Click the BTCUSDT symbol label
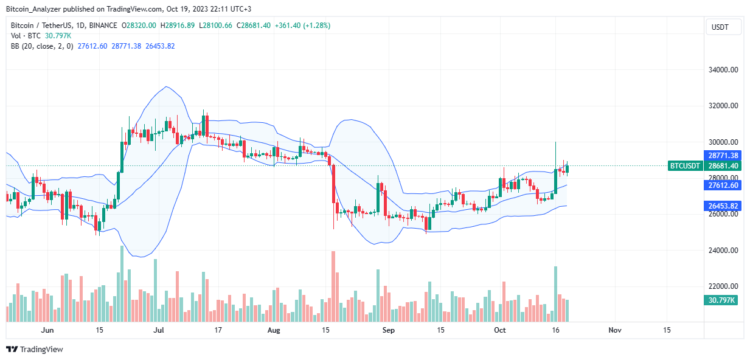click(x=685, y=165)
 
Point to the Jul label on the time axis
click(x=159, y=330)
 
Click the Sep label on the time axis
click(x=389, y=330)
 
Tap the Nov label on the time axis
click(x=614, y=330)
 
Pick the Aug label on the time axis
click(x=274, y=330)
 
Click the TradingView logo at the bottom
click(x=35, y=349)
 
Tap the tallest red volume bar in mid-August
click(x=333, y=286)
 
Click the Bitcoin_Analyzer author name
click(x=33, y=9)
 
